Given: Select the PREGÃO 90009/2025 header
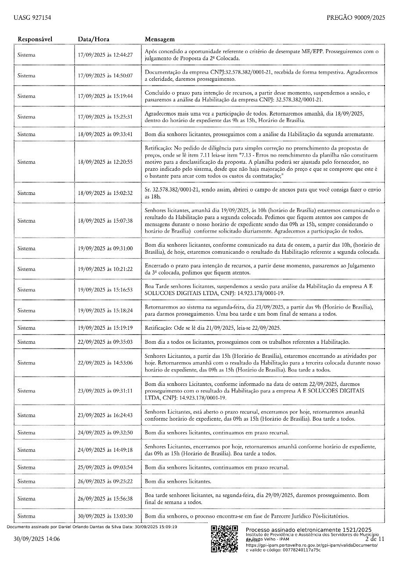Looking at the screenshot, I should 356,18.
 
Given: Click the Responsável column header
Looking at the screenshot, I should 35,40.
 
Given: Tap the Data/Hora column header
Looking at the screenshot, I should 93,40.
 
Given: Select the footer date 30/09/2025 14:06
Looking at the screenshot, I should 36,539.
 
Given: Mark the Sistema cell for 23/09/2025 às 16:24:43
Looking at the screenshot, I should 26,415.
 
